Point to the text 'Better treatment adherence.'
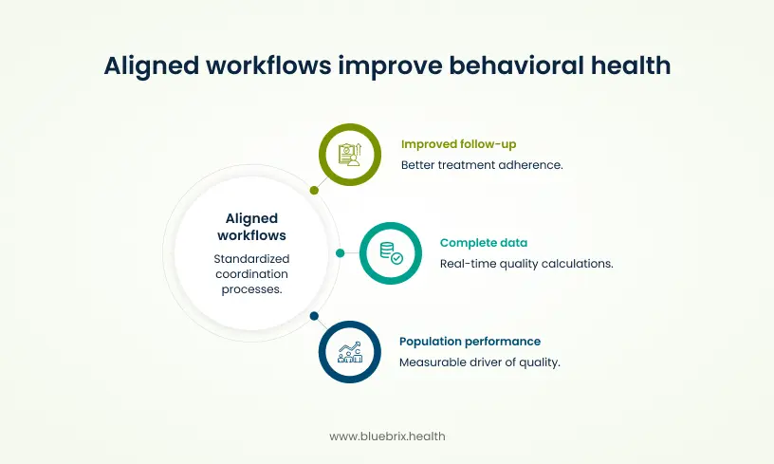tap(482, 165)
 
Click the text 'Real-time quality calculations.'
tap(526, 264)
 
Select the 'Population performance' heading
tap(470, 341)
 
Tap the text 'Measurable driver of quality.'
tap(479, 362)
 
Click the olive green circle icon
tap(349, 155)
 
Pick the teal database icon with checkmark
tap(391, 252)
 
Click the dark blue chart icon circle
tap(349, 352)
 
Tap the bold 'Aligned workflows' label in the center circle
tap(251, 227)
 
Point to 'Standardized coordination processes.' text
tap(251, 274)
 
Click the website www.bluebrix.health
tap(387, 436)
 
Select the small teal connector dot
tap(341, 253)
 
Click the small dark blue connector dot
tap(314, 316)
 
